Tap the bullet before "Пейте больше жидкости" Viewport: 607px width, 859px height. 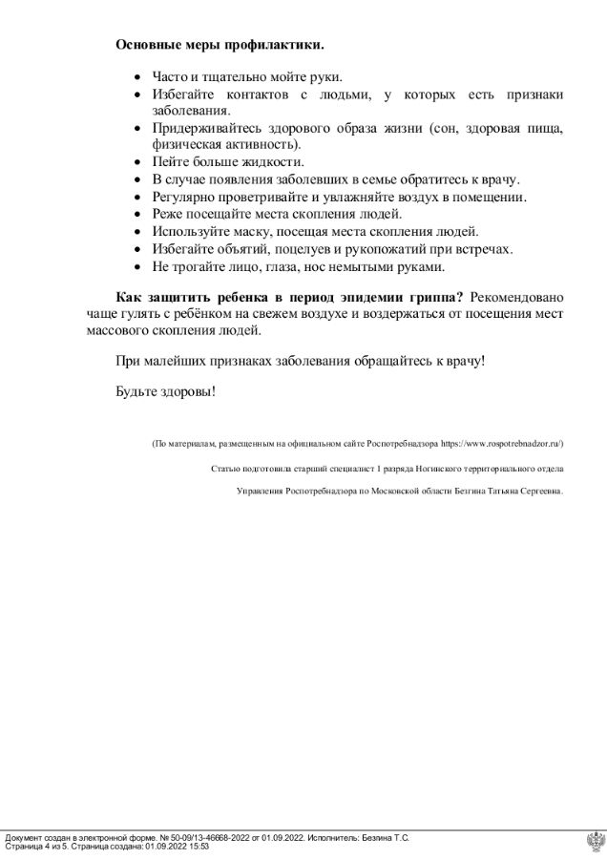point(139,162)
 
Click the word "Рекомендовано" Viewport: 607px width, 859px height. point(516,295)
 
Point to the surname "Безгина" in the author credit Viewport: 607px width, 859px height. point(467,492)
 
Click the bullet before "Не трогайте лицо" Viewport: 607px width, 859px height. point(139,266)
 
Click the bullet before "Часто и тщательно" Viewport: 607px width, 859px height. point(139,76)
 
